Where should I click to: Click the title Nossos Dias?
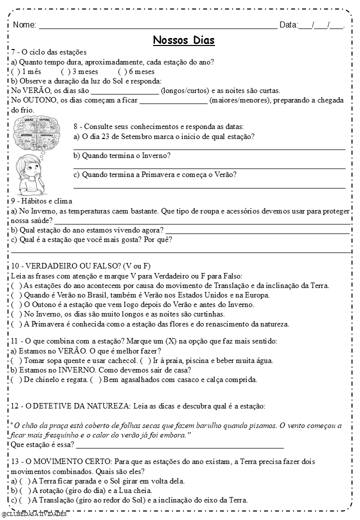[183, 40]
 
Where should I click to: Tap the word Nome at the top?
[24, 25]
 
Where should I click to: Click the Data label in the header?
[288, 25]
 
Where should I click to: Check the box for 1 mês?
[15, 72]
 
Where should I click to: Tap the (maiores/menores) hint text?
[240, 100]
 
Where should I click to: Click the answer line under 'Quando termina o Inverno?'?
[209, 168]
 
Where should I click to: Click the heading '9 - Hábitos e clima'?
[41, 201]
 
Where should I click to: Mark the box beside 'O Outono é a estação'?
[16, 304]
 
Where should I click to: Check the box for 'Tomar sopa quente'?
[16, 360]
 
